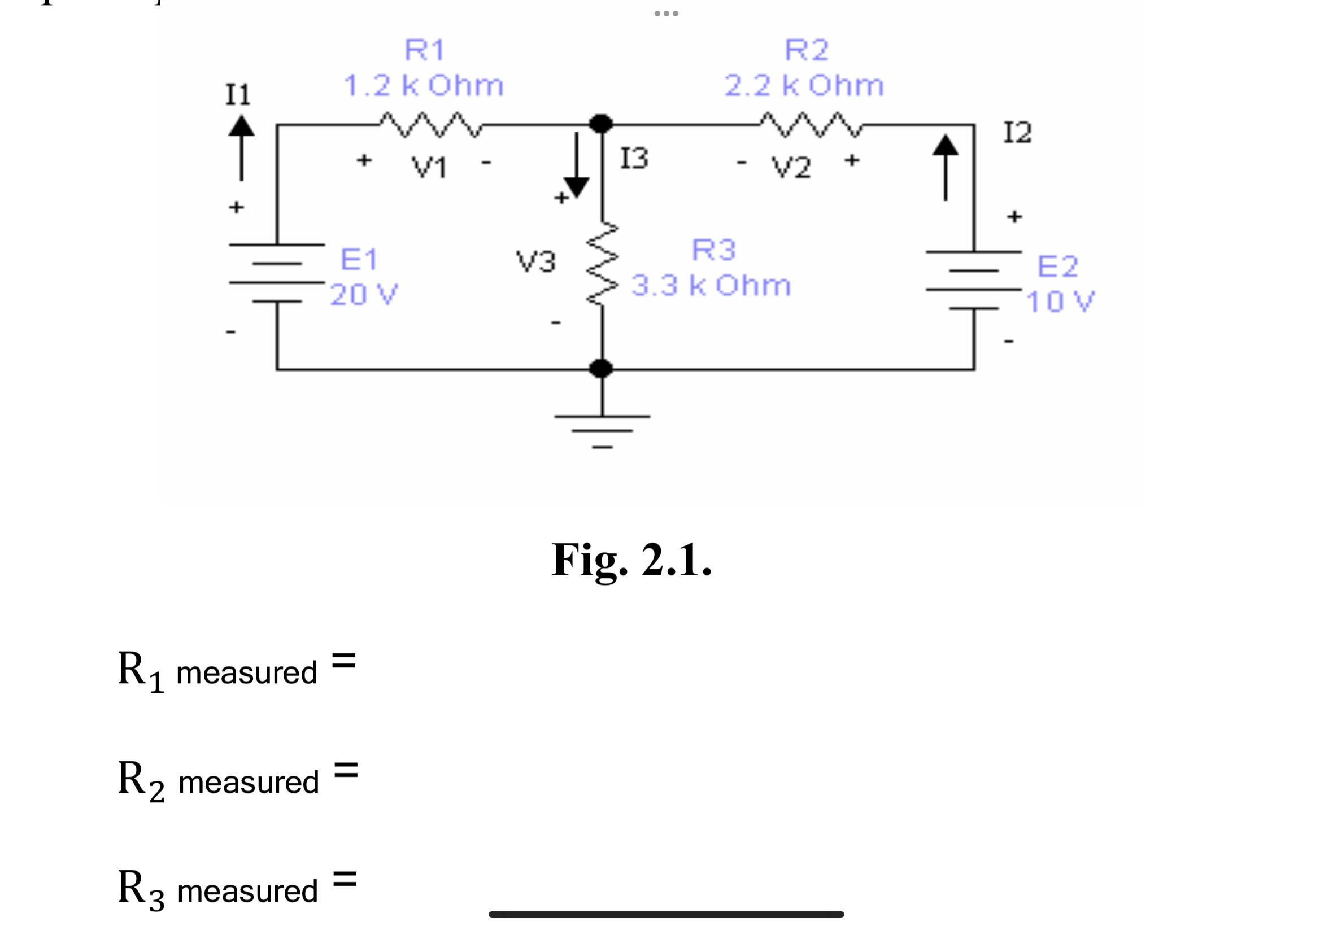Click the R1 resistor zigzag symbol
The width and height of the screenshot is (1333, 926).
[430, 125]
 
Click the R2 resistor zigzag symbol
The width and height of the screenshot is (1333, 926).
[811, 125]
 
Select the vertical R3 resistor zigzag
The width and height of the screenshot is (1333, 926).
[602, 264]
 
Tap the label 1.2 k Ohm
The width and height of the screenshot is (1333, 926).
[423, 86]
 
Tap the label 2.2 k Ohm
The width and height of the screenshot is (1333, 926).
[804, 86]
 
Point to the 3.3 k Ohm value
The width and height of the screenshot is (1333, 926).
[711, 286]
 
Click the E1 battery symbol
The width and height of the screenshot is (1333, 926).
[277, 273]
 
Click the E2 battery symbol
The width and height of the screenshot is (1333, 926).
[973, 279]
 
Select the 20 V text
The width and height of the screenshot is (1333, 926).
[364, 295]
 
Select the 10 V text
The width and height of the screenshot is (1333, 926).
[1060, 302]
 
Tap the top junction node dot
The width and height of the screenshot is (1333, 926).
[600, 124]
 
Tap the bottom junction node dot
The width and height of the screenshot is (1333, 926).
[600, 369]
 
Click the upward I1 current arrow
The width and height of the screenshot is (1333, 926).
[241, 148]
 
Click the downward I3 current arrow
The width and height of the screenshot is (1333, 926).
[576, 165]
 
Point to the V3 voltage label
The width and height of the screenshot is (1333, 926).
[535, 261]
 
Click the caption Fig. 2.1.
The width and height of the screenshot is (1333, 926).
[631, 560]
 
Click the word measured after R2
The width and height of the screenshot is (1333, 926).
[249, 782]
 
